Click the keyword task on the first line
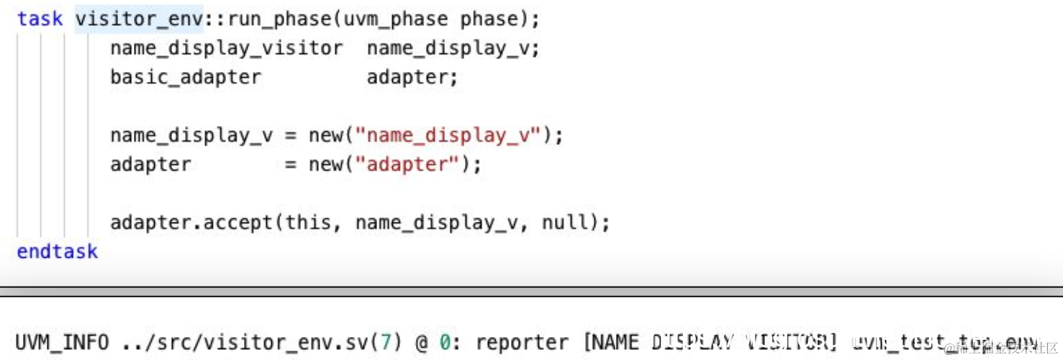click(x=40, y=19)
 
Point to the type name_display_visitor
click(x=226, y=48)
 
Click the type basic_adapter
click(x=185, y=77)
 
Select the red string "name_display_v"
click(x=448, y=135)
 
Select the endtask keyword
click(x=58, y=251)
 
